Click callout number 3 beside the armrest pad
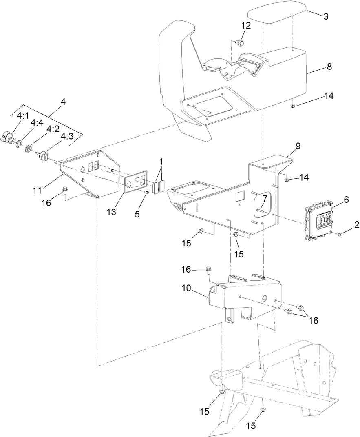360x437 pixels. (x=326, y=16)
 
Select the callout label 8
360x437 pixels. (x=329, y=67)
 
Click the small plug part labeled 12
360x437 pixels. (x=241, y=42)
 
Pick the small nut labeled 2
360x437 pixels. (x=339, y=234)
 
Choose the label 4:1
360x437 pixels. (x=23, y=116)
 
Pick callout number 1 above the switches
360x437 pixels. (x=161, y=162)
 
